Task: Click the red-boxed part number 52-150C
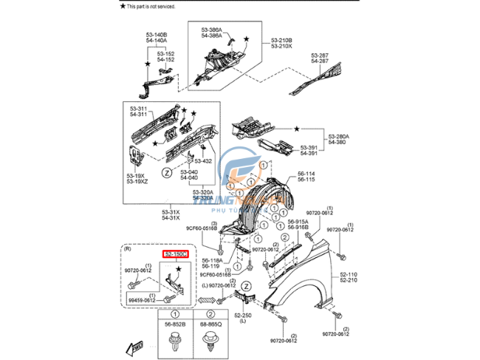tap(176, 254)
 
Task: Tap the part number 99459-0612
tap(140, 300)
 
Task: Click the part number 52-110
tap(348, 274)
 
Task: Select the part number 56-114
tap(306, 174)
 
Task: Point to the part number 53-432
tap(203, 160)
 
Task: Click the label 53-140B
tap(155, 35)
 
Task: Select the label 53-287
tap(320, 55)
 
